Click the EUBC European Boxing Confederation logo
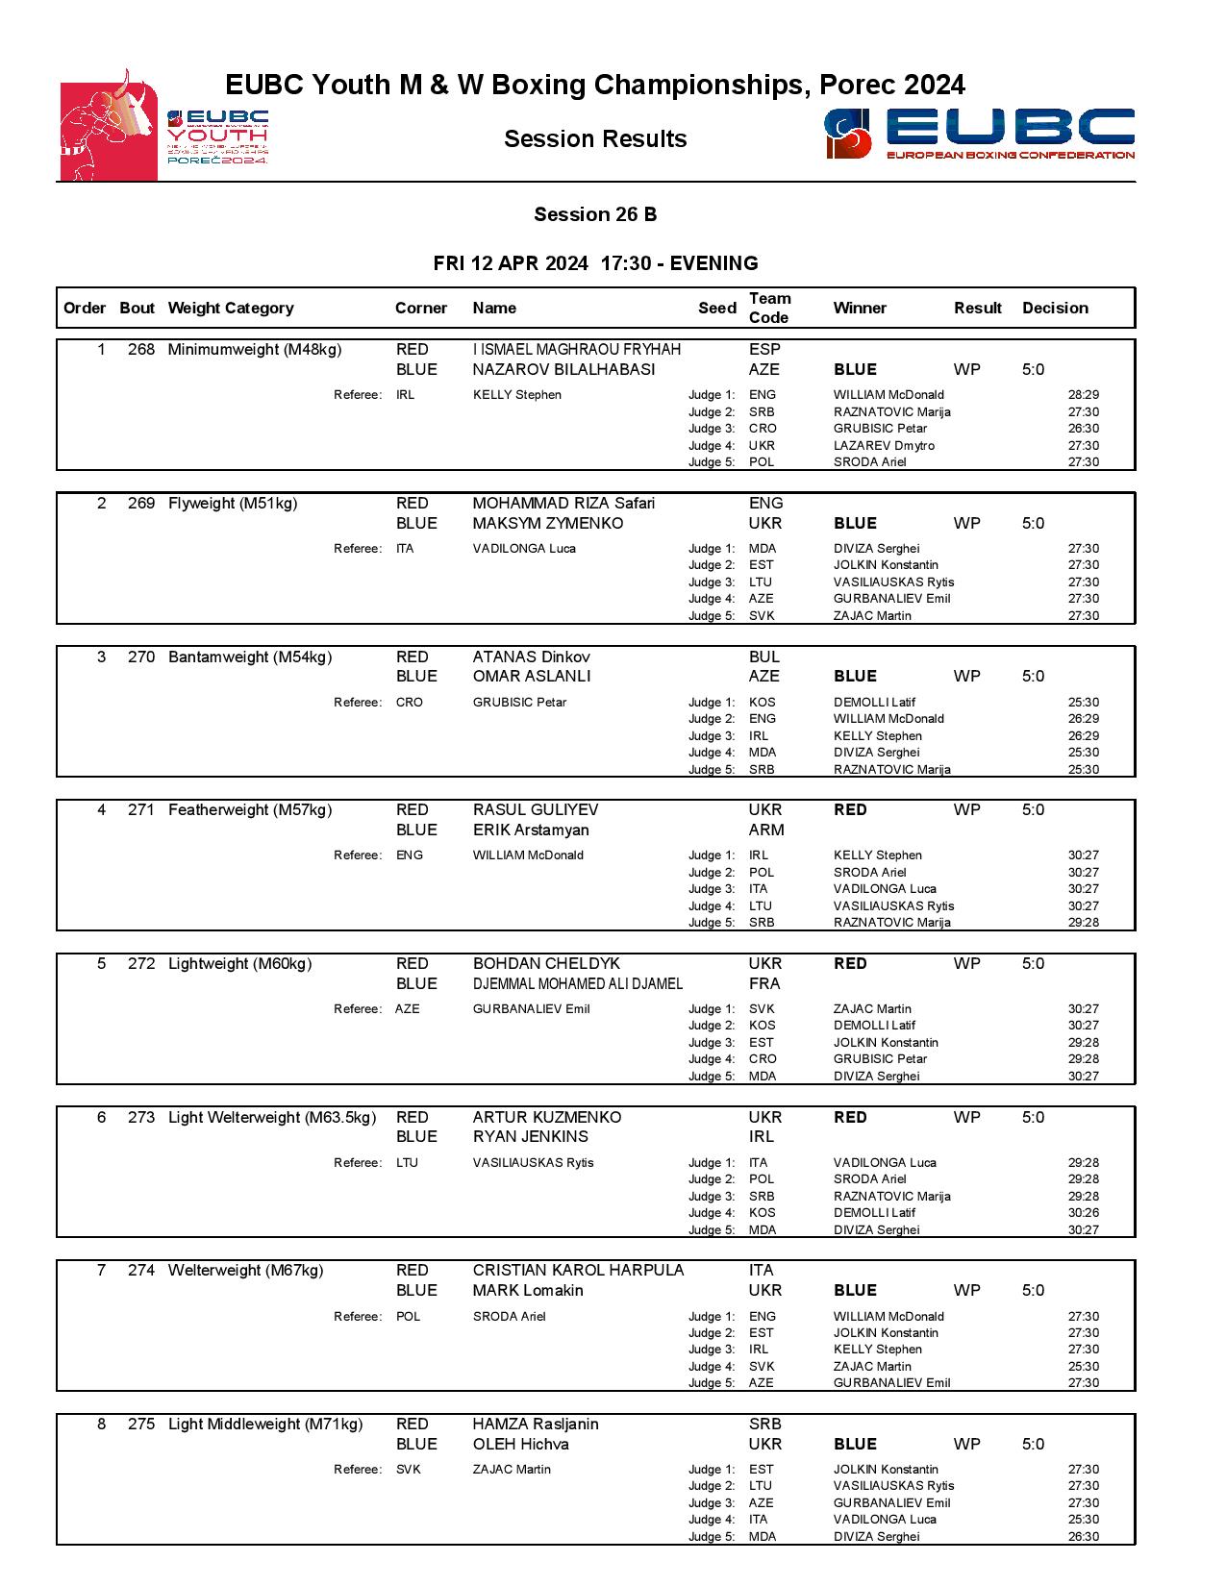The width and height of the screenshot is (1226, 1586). coord(979,134)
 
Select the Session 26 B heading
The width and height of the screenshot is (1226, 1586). coord(595,214)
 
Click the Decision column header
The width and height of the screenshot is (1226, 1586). coord(1055,309)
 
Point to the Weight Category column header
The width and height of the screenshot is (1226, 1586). coord(231,309)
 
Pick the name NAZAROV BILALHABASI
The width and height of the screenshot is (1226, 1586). coord(563,369)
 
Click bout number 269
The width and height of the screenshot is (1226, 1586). coord(140,504)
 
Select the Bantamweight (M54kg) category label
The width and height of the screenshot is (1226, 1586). coord(250,657)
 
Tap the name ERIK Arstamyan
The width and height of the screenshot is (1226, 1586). coord(531,830)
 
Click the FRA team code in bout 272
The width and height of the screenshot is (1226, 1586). coord(764,983)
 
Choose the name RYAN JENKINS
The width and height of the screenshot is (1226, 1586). coord(530,1136)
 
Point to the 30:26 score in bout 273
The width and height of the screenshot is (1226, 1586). coord(1083,1213)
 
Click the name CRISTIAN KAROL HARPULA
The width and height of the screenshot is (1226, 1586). coord(578,1271)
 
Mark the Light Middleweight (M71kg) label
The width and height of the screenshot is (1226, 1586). coord(265,1425)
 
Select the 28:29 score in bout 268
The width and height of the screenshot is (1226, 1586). coord(1083,395)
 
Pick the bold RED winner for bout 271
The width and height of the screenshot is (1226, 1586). coord(850,810)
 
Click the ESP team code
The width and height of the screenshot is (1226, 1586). coord(764,350)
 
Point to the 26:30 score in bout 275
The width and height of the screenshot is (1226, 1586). coord(1083,1537)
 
